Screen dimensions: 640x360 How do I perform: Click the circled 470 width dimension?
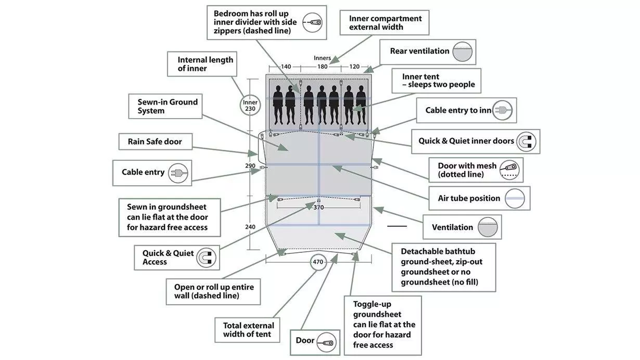pos(318,262)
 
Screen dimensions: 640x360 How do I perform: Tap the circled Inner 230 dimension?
pos(250,106)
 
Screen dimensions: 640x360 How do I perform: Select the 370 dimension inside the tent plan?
pos(318,208)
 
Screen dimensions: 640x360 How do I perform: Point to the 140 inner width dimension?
pos(286,67)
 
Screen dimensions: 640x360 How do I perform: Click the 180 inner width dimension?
pos(322,67)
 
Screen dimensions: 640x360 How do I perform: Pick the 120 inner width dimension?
pos(354,67)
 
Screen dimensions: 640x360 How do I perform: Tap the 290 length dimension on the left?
pos(250,166)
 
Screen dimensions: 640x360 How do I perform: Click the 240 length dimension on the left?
pos(250,227)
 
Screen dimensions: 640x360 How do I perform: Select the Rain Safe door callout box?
pos(156,142)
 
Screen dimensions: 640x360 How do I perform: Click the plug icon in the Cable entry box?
pos(178,173)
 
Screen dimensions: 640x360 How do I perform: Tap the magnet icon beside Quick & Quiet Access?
pos(206,258)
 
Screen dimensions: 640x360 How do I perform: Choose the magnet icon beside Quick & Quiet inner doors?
pos(526,142)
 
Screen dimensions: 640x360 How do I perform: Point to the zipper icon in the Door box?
pos(326,342)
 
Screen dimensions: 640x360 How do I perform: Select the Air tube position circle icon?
pos(515,198)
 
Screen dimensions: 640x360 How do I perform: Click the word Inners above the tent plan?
pos(322,58)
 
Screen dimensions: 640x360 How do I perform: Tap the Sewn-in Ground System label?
pos(168,106)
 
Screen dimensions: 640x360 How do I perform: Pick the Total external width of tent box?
pos(247,330)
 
